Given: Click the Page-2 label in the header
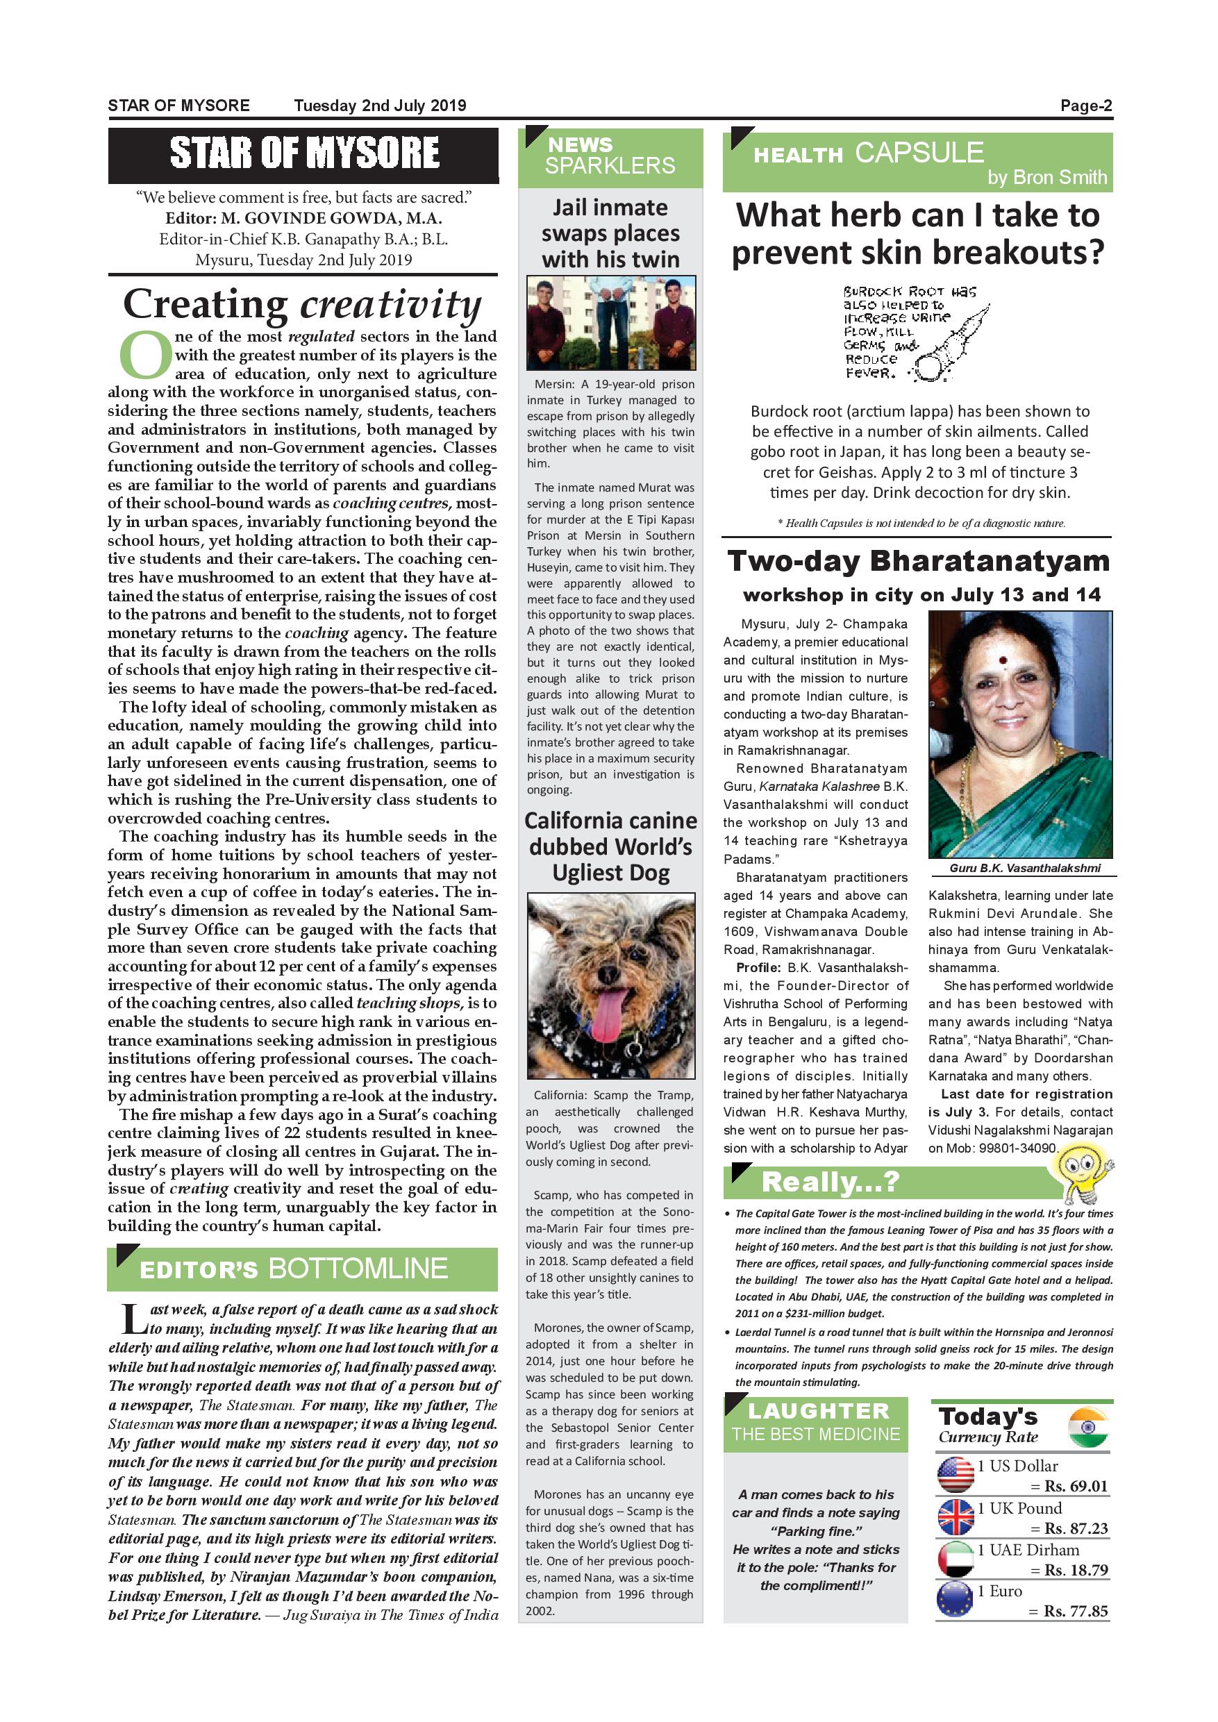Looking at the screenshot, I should point(1085,106).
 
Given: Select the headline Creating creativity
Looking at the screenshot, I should point(302,305).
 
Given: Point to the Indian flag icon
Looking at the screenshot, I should point(1088,1428).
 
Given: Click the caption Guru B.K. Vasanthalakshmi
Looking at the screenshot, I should point(1024,868).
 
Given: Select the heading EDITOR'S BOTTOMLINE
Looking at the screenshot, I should point(293,1269).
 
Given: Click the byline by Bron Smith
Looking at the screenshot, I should point(1046,178).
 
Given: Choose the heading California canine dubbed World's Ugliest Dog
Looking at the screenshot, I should point(610,846).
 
